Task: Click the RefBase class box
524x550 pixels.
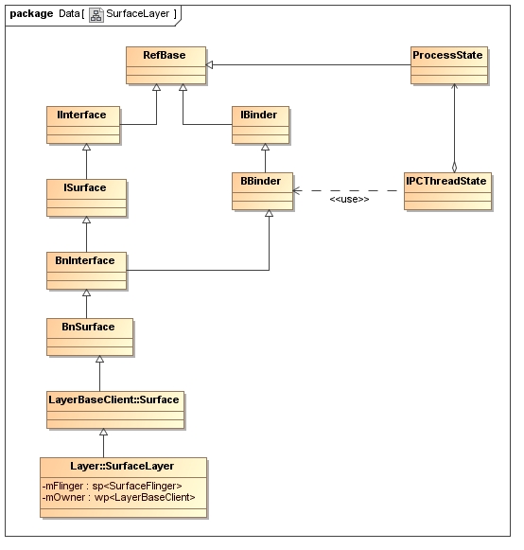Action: tap(166, 64)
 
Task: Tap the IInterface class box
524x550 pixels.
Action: tap(87, 123)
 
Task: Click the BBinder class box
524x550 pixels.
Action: tap(261, 188)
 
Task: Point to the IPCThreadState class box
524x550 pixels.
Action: tap(447, 188)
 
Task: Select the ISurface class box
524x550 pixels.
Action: tap(87, 195)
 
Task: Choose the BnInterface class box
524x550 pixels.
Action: tap(87, 269)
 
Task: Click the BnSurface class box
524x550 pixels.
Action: tap(87, 335)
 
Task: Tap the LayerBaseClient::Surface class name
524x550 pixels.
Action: tap(114, 399)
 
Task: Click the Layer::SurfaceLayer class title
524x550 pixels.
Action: tap(121, 466)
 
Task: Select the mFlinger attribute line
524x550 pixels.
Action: tap(112, 485)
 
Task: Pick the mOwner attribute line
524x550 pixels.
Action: tap(118, 497)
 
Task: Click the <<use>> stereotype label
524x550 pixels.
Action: tap(348, 201)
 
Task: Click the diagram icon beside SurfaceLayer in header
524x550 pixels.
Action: tap(96, 15)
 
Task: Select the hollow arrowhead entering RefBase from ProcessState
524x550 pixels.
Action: tap(213, 64)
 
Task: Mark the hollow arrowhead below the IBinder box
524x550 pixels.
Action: tap(266, 149)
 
